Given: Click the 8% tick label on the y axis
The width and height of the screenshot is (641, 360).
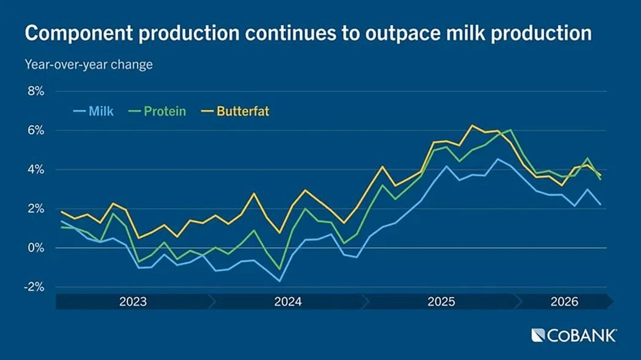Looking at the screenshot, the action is coord(35,91).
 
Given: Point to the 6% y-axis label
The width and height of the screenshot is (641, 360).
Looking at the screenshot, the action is coord(35,131).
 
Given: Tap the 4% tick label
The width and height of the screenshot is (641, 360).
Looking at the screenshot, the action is coord(35,170).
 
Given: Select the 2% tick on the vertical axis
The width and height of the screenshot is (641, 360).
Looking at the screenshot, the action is coord(35,209).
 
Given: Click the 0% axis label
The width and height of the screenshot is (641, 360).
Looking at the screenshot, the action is coord(35,248).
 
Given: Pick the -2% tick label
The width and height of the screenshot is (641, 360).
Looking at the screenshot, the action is coord(34,287).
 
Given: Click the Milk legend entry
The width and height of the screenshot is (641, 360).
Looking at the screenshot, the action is coord(93,111).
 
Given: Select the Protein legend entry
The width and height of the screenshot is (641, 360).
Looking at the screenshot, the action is coord(157,111).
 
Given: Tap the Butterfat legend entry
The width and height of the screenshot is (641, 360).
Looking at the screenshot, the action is coord(235,111).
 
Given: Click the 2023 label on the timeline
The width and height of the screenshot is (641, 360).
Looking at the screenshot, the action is coord(133,301).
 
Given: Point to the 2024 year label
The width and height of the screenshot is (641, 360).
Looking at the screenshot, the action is coord(288,301).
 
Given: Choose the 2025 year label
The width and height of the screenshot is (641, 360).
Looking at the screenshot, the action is coord(441,301).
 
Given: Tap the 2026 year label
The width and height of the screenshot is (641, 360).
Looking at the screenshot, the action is coord(565,301).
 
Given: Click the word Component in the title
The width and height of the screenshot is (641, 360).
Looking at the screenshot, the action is coord(79,33).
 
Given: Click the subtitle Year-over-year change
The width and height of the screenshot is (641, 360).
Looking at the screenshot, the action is coord(89,65).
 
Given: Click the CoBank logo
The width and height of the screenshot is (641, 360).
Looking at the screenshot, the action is coord(574,336).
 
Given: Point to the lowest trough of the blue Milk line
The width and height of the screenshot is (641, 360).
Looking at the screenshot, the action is coord(280,281).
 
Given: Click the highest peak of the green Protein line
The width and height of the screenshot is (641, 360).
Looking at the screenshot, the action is coord(511,129).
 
